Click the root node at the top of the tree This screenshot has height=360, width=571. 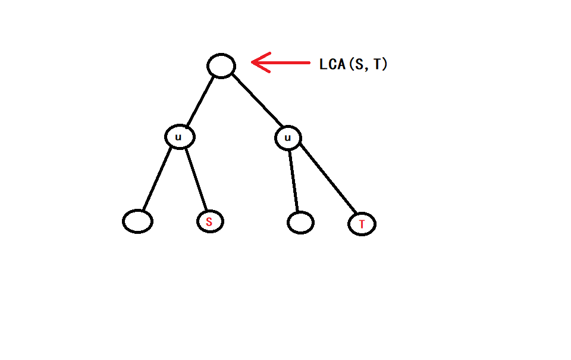[221, 65]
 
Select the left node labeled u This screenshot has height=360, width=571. [179, 137]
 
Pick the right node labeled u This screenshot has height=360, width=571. [288, 139]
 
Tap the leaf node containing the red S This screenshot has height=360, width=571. [210, 222]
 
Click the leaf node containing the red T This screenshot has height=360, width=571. [362, 224]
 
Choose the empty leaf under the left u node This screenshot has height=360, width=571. [137, 221]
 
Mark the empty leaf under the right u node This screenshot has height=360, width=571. [300, 223]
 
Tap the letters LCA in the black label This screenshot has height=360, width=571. [332, 64]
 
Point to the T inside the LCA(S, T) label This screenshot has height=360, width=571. [377, 64]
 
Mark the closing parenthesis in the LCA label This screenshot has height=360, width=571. [385, 64]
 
